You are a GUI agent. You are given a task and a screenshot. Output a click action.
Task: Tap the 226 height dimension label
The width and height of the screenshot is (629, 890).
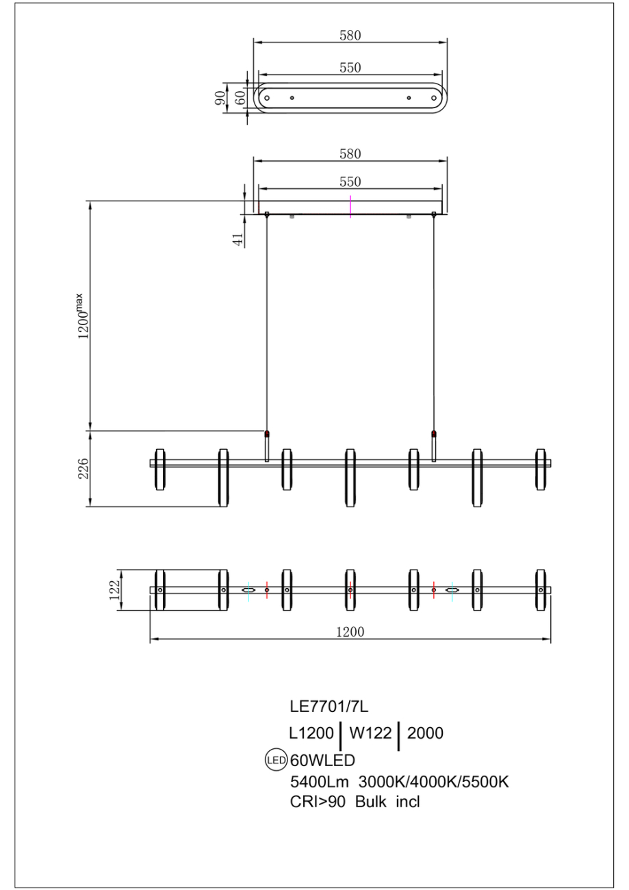(x=84, y=468)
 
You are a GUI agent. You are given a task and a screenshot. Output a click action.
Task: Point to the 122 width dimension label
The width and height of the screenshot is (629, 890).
(x=114, y=589)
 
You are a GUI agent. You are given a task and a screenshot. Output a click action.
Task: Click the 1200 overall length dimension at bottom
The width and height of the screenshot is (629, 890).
(x=350, y=632)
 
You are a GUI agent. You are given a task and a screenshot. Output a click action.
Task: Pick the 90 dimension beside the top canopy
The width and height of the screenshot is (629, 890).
(x=220, y=98)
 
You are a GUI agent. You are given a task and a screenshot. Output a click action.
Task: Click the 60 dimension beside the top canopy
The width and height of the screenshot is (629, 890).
(x=240, y=98)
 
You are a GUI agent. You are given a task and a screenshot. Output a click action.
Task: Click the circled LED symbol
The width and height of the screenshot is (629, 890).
(x=276, y=760)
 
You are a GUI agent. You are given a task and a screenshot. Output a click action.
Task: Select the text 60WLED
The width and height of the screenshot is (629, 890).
(x=323, y=760)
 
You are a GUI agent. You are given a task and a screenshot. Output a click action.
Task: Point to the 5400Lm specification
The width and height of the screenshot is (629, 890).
(x=319, y=782)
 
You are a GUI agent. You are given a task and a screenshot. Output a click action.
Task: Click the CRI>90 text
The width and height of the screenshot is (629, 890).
(x=318, y=802)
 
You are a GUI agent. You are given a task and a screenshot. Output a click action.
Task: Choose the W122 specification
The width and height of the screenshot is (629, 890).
(x=370, y=733)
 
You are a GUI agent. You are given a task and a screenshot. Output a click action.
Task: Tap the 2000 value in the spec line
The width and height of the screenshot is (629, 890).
(x=425, y=733)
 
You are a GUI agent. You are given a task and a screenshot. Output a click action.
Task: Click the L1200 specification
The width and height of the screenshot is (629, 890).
(x=311, y=733)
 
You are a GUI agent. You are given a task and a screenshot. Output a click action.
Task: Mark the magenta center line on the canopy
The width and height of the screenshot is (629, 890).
(x=350, y=207)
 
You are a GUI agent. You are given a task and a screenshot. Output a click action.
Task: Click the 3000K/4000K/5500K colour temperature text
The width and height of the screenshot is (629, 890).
(x=434, y=782)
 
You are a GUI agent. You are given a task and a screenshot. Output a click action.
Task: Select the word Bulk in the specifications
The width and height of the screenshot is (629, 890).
(x=370, y=802)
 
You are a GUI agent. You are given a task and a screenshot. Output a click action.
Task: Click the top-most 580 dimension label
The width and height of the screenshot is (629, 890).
(x=350, y=36)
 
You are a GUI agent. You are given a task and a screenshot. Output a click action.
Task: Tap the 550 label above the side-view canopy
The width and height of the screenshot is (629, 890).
(x=350, y=181)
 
